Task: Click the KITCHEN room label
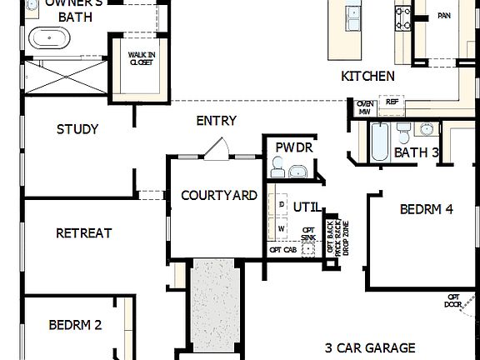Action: tap(367, 77)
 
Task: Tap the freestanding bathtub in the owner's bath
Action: tap(50, 37)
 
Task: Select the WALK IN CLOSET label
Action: tap(140, 58)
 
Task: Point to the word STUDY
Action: tap(77, 129)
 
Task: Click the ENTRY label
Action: tap(216, 121)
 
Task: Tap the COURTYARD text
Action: tap(218, 195)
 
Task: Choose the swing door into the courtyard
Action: tap(216, 148)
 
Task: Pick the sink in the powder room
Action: tap(298, 171)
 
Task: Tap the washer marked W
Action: tap(282, 227)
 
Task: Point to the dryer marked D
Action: tap(282, 204)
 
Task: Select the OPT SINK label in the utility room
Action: tap(308, 233)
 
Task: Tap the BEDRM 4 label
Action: tap(426, 209)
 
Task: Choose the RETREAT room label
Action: tap(83, 233)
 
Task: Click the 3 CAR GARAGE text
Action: tap(371, 346)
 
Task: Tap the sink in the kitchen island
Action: tap(353, 12)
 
